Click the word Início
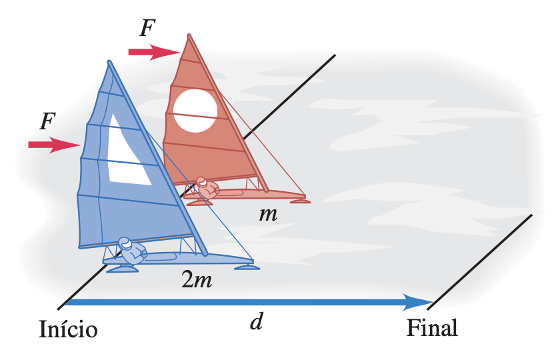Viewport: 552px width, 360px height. [69, 330]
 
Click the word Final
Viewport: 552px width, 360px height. [432, 328]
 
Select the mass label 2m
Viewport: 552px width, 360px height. [197, 280]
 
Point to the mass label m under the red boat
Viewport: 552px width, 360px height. [269, 215]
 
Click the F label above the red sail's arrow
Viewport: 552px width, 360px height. [147, 29]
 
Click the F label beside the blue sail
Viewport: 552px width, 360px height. [47, 121]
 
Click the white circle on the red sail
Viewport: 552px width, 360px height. [195, 110]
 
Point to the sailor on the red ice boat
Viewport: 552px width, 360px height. [207, 187]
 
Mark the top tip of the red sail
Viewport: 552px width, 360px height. [189, 35]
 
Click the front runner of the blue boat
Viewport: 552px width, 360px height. [248, 267]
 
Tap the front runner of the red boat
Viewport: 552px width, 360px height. [300, 201]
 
